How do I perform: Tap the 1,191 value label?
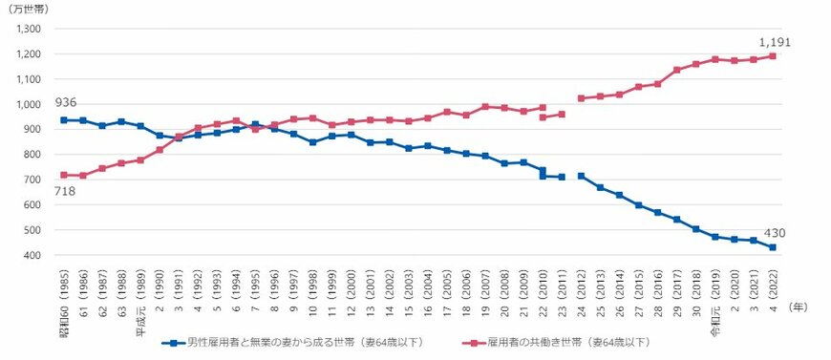(x=775, y=42)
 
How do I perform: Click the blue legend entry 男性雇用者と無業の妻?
(x=296, y=341)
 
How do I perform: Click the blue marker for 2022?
(x=772, y=247)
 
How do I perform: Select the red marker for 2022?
(x=772, y=55)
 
